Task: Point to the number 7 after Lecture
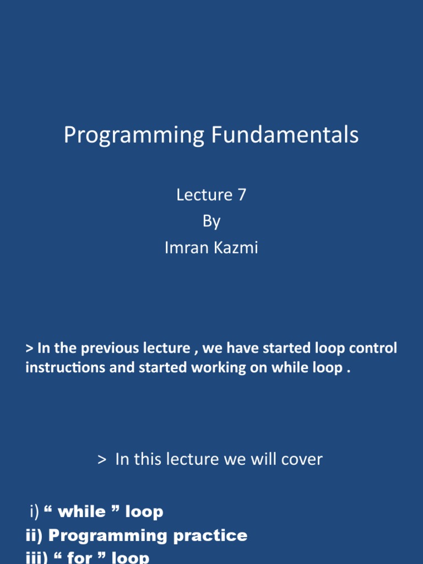242,195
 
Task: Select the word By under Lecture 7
211,221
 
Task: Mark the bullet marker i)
34,512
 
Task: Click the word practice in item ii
210,535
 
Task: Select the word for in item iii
79,557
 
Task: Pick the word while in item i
82,512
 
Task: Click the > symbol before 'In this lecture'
101,459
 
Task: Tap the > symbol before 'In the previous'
30,349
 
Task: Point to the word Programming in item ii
108,535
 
